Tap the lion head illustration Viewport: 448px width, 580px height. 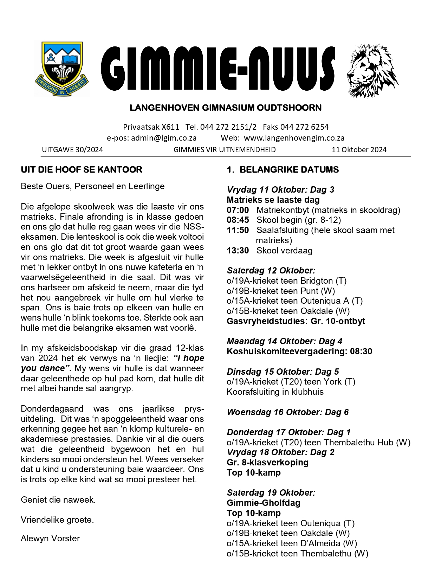click(x=372, y=70)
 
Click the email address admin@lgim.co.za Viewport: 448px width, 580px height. click(x=164, y=138)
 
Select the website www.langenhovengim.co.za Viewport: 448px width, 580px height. click(x=294, y=138)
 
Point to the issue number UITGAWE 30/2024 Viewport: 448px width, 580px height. click(x=72, y=150)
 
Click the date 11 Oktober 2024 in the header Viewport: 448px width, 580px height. click(x=359, y=150)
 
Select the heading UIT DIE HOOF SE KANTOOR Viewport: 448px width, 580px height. click(x=82, y=170)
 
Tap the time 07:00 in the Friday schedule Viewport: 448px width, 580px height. click(x=238, y=210)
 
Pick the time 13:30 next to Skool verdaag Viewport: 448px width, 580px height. click(x=238, y=251)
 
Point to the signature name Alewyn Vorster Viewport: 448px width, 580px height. click(x=50, y=539)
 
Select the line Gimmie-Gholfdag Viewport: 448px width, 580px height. click(x=264, y=503)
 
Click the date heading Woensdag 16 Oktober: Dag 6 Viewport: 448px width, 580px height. click(x=287, y=412)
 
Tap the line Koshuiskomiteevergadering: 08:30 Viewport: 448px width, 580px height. click(x=299, y=352)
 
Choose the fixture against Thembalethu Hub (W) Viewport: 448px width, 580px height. click(x=318, y=443)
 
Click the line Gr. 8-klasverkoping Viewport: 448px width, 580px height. click(x=267, y=463)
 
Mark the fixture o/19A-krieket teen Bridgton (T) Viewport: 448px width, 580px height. click(x=286, y=281)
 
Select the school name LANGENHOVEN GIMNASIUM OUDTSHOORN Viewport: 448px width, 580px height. click(x=226, y=108)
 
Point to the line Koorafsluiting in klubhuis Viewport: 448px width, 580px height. click(x=275, y=392)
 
